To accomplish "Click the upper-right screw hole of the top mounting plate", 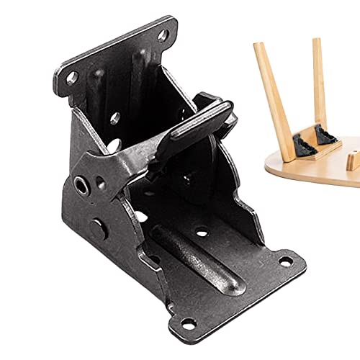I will click(163, 33).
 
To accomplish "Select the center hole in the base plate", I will click(203, 232).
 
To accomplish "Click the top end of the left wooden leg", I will click(257, 48).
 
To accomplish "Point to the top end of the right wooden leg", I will click(316, 42).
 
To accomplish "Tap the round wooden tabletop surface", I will click(317, 169).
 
